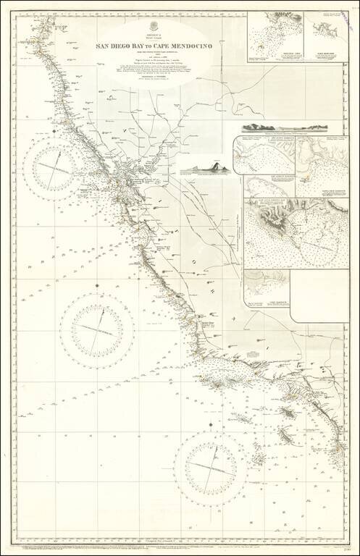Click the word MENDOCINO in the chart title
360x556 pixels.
tap(172, 45)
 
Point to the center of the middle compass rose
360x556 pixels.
tap(91, 329)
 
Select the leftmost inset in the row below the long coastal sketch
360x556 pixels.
tap(263, 154)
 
